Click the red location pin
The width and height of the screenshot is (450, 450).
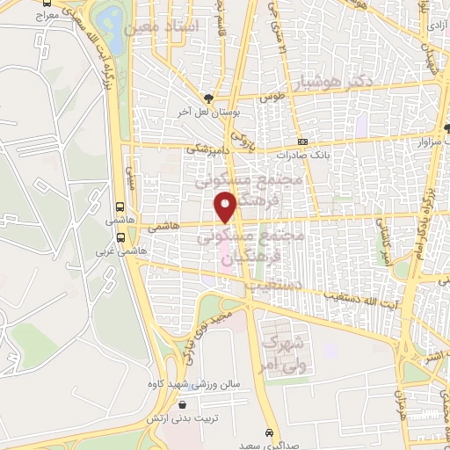pos(228,207)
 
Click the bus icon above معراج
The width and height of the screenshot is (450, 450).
pos(45,3)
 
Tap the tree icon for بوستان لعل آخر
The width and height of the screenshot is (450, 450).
pos(207,98)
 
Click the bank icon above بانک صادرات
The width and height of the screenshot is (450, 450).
pos(303,142)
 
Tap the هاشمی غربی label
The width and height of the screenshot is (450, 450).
pos(121,249)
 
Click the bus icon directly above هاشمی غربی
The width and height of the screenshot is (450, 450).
pos(120,236)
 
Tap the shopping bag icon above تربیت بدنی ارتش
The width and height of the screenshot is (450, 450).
pos(182,405)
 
